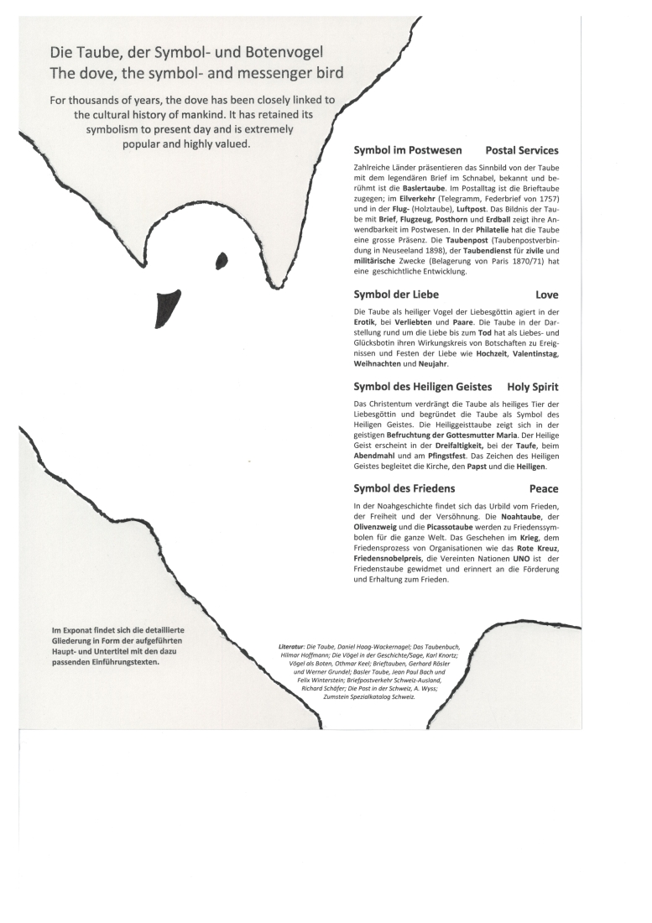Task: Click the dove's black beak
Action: click(165, 304)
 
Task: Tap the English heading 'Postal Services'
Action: click(522, 151)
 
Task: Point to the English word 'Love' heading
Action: click(546, 295)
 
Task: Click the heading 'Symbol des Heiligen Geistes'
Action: click(420, 387)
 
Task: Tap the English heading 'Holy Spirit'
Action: click(533, 387)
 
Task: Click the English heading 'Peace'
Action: click(544, 488)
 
